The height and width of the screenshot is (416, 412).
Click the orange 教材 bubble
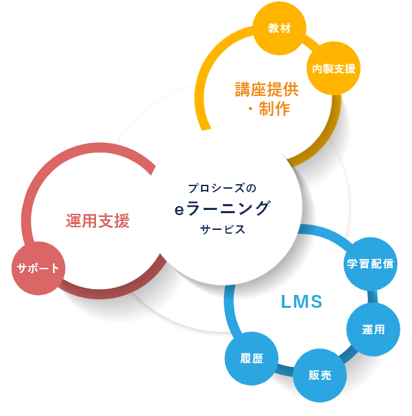[x=279, y=28]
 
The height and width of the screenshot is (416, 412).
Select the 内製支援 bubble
[x=333, y=68]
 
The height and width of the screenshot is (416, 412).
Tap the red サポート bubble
[x=39, y=269]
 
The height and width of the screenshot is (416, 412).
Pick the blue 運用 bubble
[x=373, y=330]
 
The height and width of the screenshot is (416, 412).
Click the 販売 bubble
[x=320, y=375]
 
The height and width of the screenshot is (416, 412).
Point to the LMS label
[x=302, y=301]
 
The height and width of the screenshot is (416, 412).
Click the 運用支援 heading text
[x=97, y=222]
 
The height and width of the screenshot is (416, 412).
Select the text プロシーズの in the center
[x=222, y=188]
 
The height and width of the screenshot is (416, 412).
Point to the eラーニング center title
[x=222, y=209]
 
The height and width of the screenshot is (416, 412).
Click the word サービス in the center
[x=222, y=230]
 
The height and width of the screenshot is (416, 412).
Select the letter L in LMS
[x=287, y=301]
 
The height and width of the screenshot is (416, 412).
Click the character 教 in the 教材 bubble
[x=273, y=28]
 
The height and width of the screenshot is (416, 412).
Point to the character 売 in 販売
[x=326, y=375]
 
